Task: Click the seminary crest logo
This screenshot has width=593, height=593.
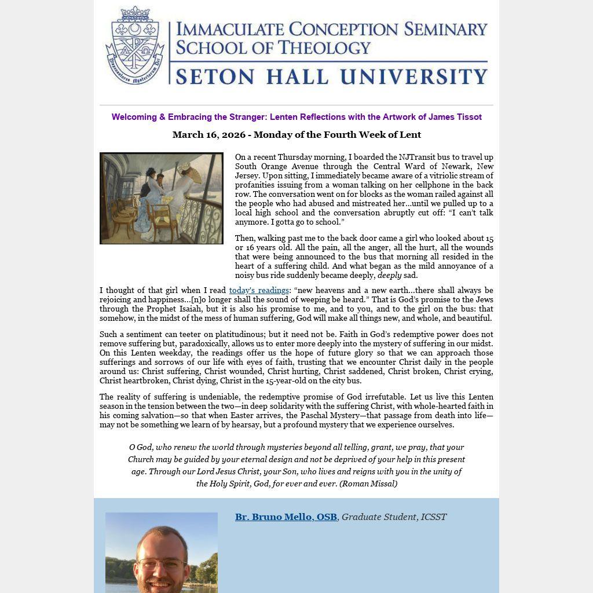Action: [x=134, y=46]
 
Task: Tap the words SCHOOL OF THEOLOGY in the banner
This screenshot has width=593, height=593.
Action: [x=273, y=47]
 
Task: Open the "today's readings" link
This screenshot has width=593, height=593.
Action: [x=259, y=291]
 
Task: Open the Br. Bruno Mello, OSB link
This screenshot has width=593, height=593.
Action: [x=285, y=517]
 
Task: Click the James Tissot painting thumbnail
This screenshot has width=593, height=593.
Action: [x=162, y=198]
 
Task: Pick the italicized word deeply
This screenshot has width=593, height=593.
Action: [x=389, y=276]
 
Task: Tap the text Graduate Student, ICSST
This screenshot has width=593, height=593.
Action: [x=394, y=517]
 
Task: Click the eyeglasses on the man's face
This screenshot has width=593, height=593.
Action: [x=162, y=564]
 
